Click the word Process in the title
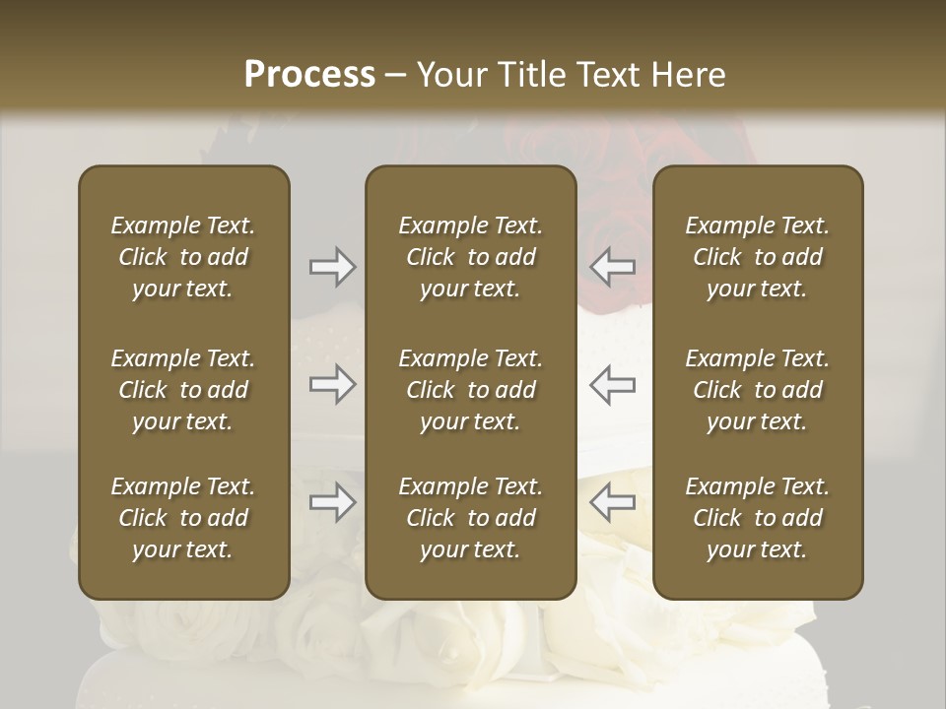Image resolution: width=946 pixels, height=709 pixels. pyautogui.click(x=309, y=74)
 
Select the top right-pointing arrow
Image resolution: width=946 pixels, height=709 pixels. pyautogui.click(x=332, y=266)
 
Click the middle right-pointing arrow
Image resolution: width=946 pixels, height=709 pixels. pyautogui.click(x=332, y=384)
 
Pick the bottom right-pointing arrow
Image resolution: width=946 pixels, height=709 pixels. pyautogui.click(x=332, y=503)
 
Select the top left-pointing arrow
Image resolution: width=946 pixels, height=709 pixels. pyautogui.click(x=612, y=266)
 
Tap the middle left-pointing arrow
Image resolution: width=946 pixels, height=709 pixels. pyautogui.click(x=612, y=384)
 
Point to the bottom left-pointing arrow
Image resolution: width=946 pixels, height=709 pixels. pyautogui.click(x=612, y=503)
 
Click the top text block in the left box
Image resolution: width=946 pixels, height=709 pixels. pyautogui.click(x=183, y=257)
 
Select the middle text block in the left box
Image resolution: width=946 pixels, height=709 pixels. pyautogui.click(x=183, y=390)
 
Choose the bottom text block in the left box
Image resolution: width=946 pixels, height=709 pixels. pyautogui.click(x=183, y=518)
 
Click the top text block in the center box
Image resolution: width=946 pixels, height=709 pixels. pyautogui.click(x=471, y=257)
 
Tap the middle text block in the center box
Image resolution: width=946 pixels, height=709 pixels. pyautogui.click(x=471, y=390)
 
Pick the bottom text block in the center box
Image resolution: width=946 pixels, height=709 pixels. pyautogui.click(x=471, y=518)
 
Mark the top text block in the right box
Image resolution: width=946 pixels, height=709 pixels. pyautogui.click(x=758, y=257)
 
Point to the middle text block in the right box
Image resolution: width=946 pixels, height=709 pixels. pyautogui.click(x=758, y=390)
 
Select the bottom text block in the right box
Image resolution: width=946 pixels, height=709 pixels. pyautogui.click(x=758, y=518)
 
